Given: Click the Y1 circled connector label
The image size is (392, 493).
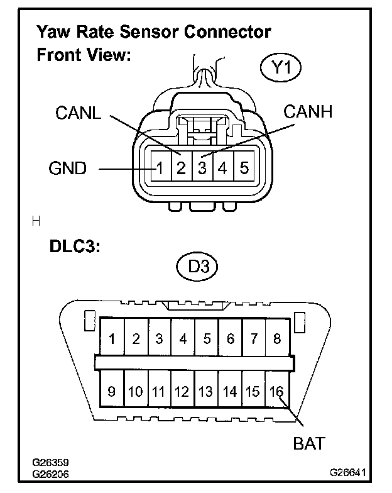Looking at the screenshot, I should [280, 68].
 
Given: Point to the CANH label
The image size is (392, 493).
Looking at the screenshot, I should [308, 113].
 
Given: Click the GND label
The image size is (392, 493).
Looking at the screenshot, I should [67, 169].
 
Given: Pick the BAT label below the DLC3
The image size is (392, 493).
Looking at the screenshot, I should [308, 443].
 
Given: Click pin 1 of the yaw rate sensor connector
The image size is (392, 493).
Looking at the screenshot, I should [161, 169].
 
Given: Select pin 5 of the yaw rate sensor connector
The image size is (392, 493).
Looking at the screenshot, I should [244, 169].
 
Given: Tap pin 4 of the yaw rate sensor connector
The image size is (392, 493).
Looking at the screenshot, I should [223, 169].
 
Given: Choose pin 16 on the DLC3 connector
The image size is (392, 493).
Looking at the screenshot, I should [276, 392].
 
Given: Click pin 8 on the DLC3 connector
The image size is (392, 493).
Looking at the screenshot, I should [277, 340].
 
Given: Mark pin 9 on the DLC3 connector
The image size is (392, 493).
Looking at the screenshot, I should [112, 392].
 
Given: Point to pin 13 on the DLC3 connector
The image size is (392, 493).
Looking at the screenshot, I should [206, 392].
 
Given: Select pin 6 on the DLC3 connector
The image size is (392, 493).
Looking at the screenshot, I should [230, 340].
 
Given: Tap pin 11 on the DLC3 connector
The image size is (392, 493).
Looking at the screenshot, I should [158, 392].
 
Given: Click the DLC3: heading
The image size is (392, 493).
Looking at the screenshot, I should [75, 246].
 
